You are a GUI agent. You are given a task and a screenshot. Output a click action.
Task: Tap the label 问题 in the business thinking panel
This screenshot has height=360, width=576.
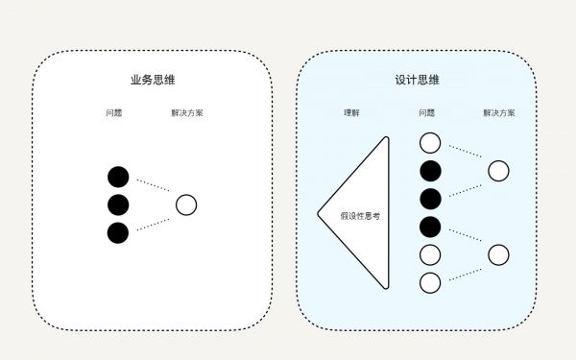114,113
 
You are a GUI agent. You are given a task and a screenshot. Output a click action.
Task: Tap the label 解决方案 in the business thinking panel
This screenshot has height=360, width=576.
186,113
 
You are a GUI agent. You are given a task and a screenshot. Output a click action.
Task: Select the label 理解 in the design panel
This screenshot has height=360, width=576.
352,113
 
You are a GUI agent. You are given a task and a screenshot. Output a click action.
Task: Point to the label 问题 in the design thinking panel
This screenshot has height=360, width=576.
427,113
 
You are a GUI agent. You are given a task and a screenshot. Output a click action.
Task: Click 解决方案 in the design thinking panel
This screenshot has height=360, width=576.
498,113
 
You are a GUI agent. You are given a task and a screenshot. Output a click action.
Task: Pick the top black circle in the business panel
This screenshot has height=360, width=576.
118,177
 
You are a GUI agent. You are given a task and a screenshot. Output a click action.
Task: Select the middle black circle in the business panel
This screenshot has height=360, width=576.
118,204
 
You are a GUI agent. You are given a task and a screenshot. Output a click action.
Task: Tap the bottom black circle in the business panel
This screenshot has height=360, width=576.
118,232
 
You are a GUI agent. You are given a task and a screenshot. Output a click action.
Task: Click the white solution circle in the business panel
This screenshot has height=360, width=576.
186,204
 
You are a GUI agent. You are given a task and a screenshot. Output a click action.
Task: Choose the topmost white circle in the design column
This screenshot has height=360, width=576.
430,143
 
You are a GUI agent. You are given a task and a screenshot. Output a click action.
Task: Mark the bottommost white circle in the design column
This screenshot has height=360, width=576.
430,282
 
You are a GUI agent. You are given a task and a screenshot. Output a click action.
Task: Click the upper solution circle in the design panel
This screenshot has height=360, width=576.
498,171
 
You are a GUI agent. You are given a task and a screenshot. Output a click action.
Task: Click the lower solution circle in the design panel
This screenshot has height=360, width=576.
498,254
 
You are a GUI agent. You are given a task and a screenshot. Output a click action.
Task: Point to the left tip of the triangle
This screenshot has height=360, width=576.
319,213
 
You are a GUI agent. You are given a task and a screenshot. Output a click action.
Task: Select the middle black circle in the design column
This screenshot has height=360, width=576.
430,199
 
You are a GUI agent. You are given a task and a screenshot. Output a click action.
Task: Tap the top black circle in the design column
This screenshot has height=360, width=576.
430,171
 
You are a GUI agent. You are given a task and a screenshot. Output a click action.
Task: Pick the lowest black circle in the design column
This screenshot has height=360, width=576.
430,227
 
